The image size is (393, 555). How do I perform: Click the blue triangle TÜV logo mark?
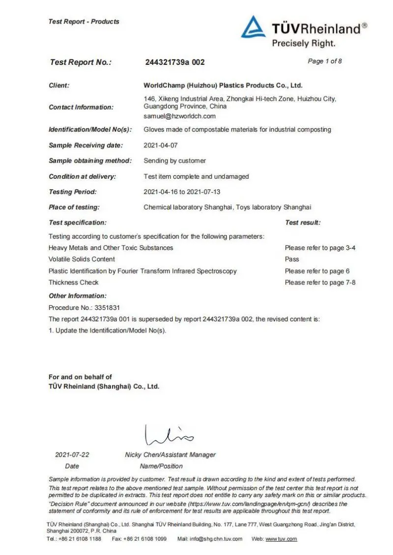253,28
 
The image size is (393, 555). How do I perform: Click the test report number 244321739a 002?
175,62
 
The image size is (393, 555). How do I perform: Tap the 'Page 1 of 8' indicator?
325,61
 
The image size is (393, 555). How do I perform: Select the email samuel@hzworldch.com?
179,116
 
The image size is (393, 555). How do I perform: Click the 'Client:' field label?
59,85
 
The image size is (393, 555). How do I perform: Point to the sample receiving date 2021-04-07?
161,145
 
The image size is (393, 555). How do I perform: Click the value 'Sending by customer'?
174,161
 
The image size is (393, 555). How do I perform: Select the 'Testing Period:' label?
73,192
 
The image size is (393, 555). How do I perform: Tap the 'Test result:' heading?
303,222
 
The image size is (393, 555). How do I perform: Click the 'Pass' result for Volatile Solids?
292,259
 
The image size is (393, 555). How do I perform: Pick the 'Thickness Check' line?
73,282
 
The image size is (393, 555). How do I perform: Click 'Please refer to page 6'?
317,271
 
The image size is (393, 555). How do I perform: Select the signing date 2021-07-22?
72,455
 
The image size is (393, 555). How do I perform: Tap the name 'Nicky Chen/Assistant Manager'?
170,455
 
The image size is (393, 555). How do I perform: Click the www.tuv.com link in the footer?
281,539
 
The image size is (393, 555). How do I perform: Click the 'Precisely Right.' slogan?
304,43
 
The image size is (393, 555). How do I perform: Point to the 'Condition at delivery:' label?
82,176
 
